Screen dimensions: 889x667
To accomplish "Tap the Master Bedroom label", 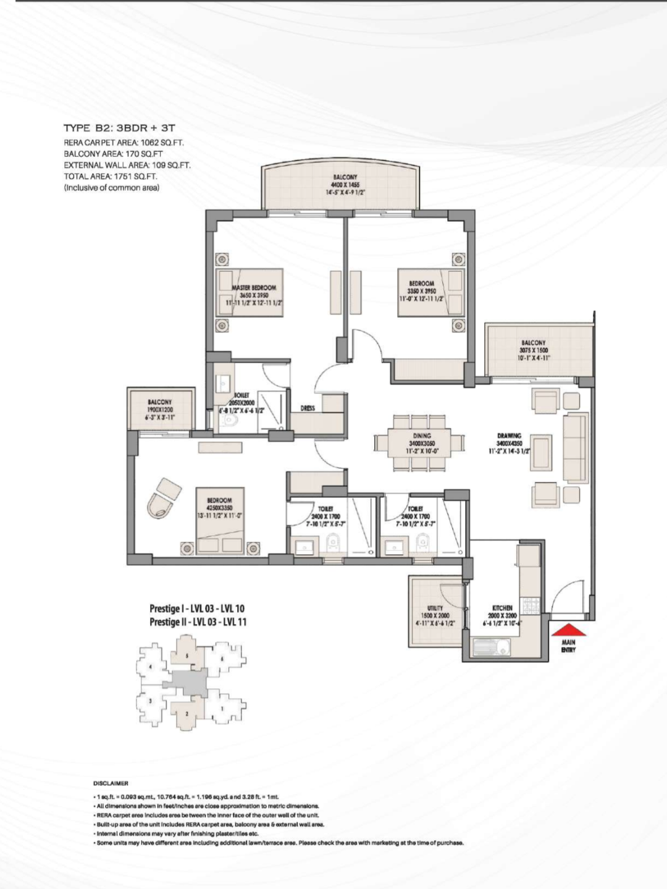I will pyautogui.click(x=254, y=288).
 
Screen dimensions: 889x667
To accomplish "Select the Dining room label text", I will pyautogui.click(x=422, y=436).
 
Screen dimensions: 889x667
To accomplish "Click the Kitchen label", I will pyautogui.click(x=503, y=608).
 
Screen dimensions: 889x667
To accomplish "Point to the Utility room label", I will pyautogui.click(x=435, y=608).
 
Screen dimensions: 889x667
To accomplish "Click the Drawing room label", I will pyautogui.click(x=509, y=436).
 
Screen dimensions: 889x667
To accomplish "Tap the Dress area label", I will pyautogui.click(x=308, y=408).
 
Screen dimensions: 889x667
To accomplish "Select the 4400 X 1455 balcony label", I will pyautogui.click(x=345, y=184).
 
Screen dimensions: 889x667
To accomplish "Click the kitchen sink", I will pyautogui.click(x=491, y=648).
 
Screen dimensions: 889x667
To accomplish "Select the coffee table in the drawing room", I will pyautogui.click(x=542, y=447).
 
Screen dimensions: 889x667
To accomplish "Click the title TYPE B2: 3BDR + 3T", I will pyautogui.click(x=119, y=129).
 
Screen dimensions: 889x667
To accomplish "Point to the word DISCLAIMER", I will pyautogui.click(x=111, y=783).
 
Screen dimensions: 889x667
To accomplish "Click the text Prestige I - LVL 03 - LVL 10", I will pyautogui.click(x=197, y=609).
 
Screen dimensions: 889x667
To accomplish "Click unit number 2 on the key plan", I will pyautogui.click(x=187, y=714).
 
